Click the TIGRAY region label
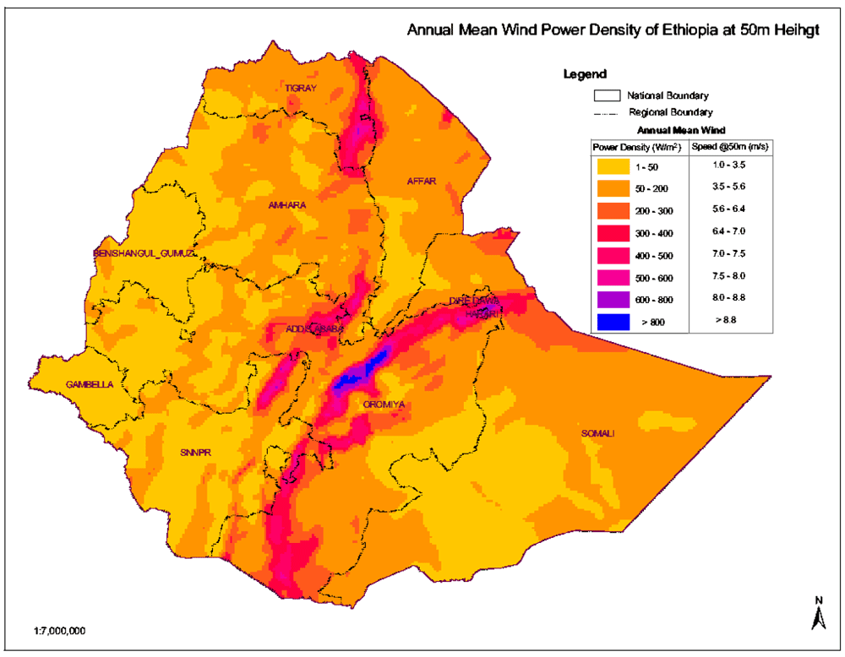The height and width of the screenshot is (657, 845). pos(300,88)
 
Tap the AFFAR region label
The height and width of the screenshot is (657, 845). pos(422,181)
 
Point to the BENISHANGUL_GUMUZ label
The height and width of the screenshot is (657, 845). pos(144,253)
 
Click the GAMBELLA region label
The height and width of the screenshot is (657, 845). pos(90,385)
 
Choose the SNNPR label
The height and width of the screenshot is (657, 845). pos(194,453)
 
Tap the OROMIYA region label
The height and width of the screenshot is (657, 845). pos(384,405)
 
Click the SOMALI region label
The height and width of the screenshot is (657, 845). pos(597,434)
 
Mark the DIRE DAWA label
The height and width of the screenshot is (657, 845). pos(475,301)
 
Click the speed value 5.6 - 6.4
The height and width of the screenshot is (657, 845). pos(732,208)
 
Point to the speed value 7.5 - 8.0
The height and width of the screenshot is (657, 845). pos(732,275)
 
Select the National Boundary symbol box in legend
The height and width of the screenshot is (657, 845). pos(608,95)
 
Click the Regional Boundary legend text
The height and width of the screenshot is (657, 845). pos(670,112)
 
